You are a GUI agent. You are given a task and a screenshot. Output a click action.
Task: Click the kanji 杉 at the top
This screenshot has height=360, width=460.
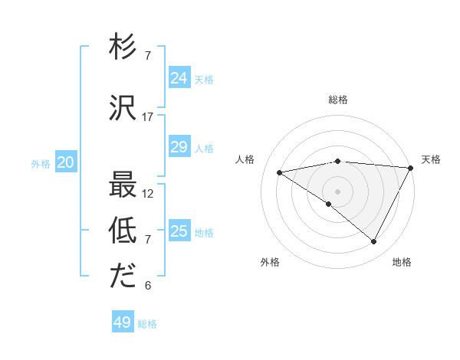(123, 48)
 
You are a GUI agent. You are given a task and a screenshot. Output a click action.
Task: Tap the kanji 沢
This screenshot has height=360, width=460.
(123, 110)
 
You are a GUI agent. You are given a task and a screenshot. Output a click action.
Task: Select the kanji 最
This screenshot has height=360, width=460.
(123, 186)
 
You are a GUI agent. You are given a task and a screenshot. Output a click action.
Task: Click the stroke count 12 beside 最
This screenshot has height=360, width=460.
(148, 194)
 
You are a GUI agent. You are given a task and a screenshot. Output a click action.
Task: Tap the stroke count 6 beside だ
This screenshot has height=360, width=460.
(148, 286)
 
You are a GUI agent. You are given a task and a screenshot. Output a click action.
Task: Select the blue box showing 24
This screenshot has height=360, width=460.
(179, 78)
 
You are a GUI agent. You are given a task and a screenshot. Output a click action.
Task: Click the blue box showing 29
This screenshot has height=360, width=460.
(179, 147)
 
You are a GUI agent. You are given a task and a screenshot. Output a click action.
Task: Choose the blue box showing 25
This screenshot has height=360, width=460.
(179, 231)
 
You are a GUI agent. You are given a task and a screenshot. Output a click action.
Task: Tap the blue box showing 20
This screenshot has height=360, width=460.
(66, 162)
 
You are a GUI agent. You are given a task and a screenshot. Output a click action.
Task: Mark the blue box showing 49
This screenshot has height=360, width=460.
(123, 322)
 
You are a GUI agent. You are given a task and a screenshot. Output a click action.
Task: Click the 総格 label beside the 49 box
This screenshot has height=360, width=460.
(147, 324)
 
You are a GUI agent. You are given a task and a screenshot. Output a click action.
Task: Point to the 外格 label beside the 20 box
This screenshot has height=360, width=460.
(41, 164)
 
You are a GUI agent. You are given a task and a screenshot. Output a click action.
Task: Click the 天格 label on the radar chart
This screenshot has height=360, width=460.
(431, 159)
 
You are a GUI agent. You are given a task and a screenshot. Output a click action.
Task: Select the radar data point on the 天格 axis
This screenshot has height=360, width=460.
(411, 168)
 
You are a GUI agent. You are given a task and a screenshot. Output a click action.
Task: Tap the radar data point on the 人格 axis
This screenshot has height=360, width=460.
(280, 172)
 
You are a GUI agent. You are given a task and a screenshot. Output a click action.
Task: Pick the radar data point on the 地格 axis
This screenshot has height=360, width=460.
(374, 242)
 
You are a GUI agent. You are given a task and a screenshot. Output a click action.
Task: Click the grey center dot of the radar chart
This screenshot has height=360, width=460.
(337, 191)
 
